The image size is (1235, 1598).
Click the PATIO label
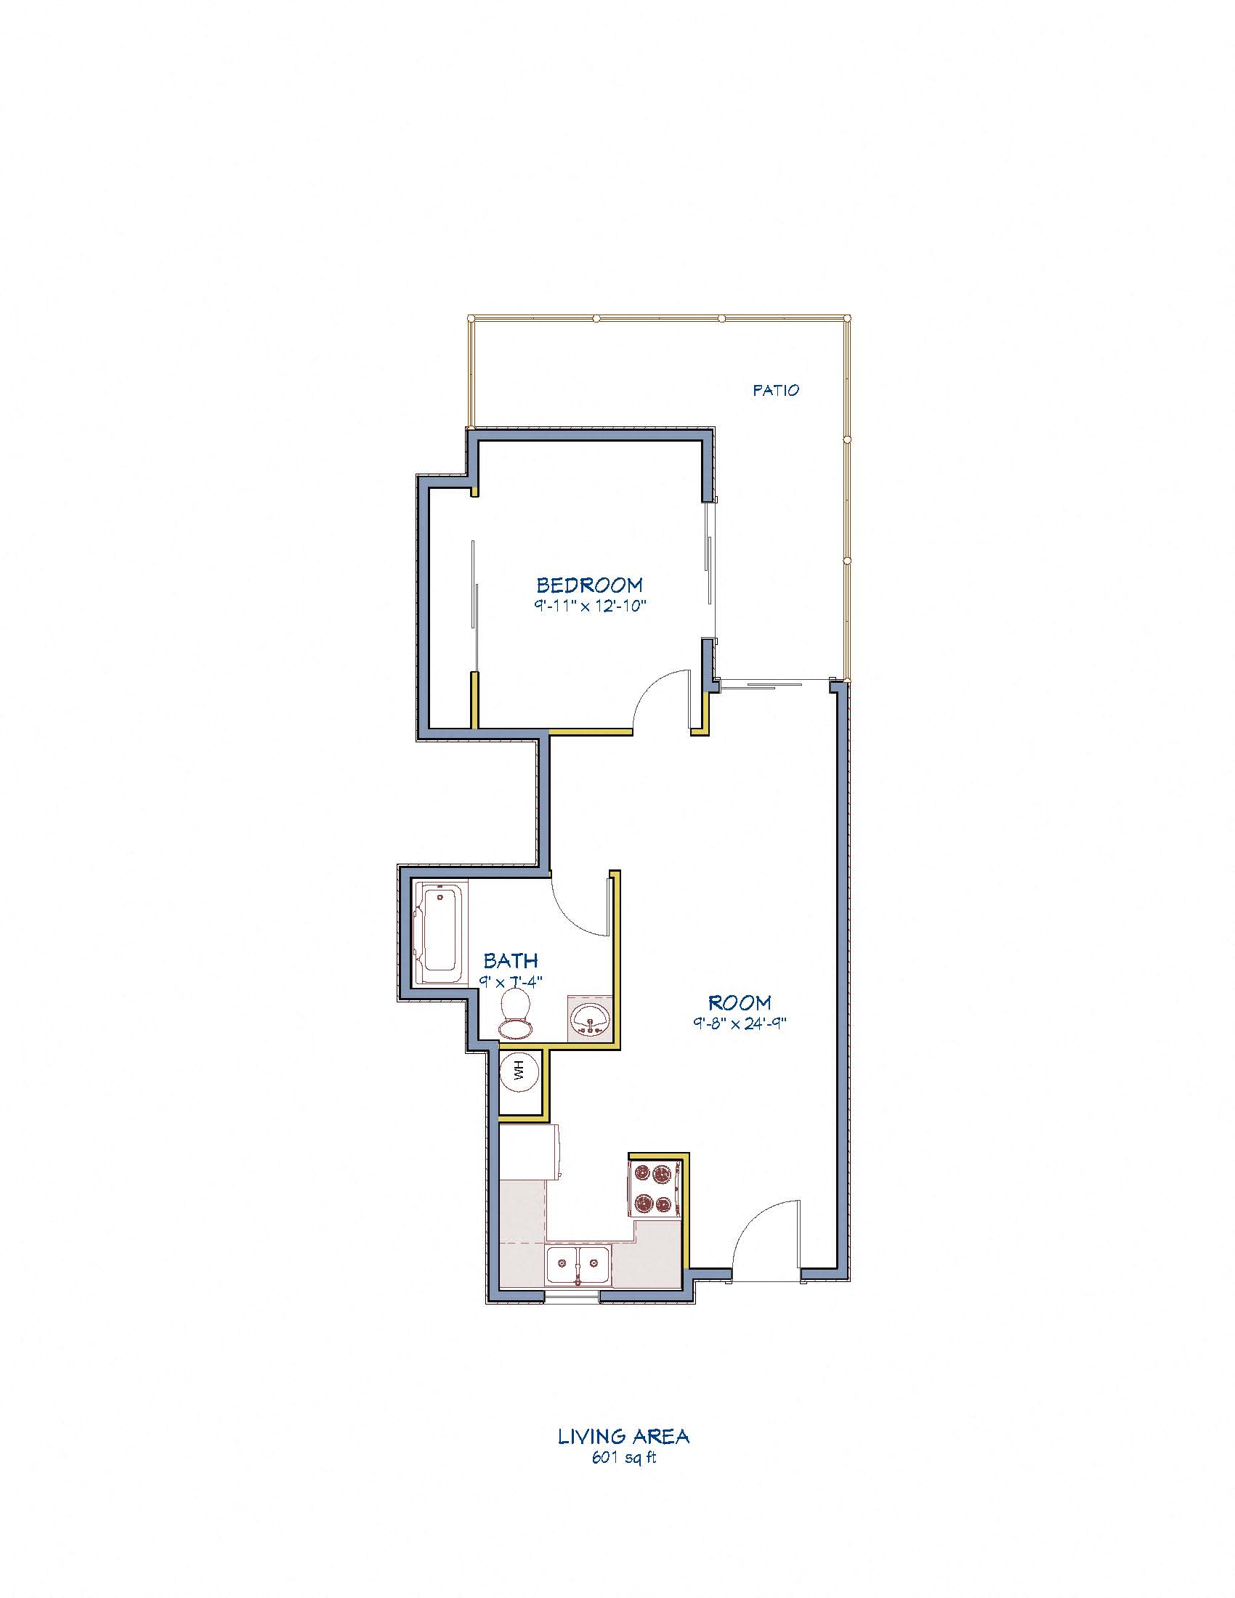click(x=776, y=391)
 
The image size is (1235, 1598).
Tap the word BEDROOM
click(x=590, y=585)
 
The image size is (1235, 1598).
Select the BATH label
click(x=511, y=960)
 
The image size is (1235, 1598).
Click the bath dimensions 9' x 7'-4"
click(x=511, y=982)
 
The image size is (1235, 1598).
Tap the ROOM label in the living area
click(x=739, y=1002)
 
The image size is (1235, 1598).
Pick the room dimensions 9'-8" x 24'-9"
click(x=739, y=1023)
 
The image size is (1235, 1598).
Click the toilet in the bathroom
click(x=516, y=1013)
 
